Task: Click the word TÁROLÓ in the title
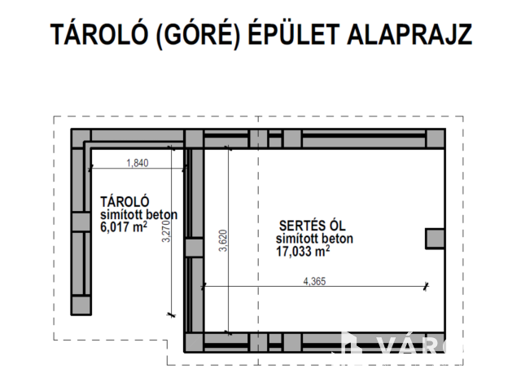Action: pos(99,34)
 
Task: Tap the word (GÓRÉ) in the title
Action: pos(198,34)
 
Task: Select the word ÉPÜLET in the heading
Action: pos(294,33)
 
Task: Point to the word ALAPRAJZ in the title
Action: pos(409,34)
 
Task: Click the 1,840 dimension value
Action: pos(138,163)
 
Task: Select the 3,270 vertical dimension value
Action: pos(166,231)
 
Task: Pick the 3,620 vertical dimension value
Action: pos(223,241)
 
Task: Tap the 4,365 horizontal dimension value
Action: pos(314,281)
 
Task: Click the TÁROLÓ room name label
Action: pos(125,202)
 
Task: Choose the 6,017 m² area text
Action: pos(124,227)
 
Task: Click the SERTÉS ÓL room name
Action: pos(313,226)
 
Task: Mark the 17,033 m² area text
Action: pos(303,252)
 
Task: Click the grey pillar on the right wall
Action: pos(436,239)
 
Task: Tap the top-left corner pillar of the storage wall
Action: pos(81,139)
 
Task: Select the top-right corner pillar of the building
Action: pos(436,139)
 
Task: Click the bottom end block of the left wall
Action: pos(81,305)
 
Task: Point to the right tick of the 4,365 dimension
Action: pos(426,286)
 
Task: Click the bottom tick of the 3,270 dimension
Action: pos(171,314)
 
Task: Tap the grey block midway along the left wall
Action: pos(81,222)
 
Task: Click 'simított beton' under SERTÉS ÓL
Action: pos(314,239)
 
